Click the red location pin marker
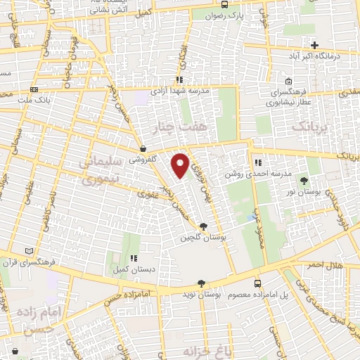(x=181, y=164)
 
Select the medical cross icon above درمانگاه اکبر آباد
(x=315, y=45)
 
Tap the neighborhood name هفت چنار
(x=180, y=127)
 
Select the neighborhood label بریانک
(x=309, y=127)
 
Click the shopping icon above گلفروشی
(x=143, y=149)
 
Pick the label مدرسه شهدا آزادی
(x=180, y=90)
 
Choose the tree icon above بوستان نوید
(x=202, y=283)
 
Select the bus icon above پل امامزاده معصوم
(x=257, y=283)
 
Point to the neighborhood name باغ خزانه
(x=187, y=349)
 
